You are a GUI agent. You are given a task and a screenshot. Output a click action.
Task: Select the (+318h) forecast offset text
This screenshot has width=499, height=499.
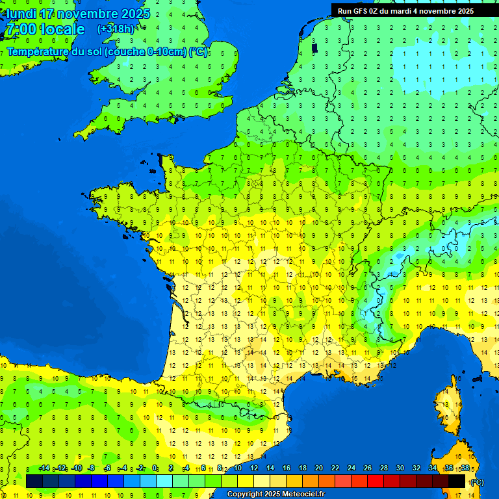click(116, 29)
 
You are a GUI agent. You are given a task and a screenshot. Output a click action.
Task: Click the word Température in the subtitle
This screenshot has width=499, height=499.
click(38, 51)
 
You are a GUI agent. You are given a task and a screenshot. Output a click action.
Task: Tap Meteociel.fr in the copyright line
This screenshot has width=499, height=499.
click(296, 494)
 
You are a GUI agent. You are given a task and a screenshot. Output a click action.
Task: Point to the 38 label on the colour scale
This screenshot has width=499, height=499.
click(465, 468)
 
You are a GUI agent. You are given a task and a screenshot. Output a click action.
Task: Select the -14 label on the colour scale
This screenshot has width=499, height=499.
click(44, 468)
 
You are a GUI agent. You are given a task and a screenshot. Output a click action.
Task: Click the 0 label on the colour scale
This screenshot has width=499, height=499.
click(155, 468)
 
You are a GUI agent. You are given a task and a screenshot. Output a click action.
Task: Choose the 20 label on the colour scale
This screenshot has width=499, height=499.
click(318, 468)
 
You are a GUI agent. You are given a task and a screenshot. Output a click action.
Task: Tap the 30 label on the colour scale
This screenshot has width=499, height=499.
click(400, 468)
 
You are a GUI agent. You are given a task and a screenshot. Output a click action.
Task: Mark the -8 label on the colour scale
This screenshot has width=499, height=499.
click(92, 468)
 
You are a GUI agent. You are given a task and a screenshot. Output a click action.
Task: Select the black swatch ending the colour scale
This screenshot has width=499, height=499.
click(457, 481)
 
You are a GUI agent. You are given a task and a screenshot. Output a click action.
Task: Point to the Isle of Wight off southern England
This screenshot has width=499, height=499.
click(172, 119)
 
